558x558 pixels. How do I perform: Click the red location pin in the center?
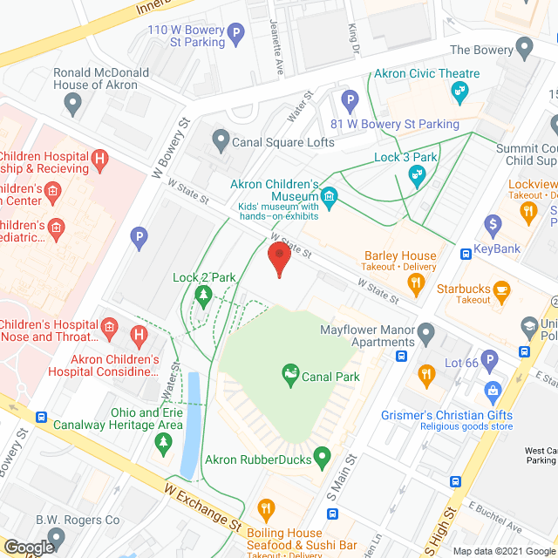278,258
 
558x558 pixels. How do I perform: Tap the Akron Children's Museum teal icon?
329,198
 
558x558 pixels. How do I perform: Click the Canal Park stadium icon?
289,377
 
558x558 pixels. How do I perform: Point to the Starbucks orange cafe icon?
501,289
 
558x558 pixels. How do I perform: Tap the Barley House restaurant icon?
417,283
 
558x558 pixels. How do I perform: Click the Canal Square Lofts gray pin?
221,140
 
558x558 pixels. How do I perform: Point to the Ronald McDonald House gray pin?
73,104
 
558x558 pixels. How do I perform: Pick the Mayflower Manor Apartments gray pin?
425,332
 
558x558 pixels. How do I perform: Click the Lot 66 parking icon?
491,360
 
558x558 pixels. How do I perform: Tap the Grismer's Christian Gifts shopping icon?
493,389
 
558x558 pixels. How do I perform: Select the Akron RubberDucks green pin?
323,456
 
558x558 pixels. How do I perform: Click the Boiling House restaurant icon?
265,508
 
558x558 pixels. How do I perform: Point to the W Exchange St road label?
202,509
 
